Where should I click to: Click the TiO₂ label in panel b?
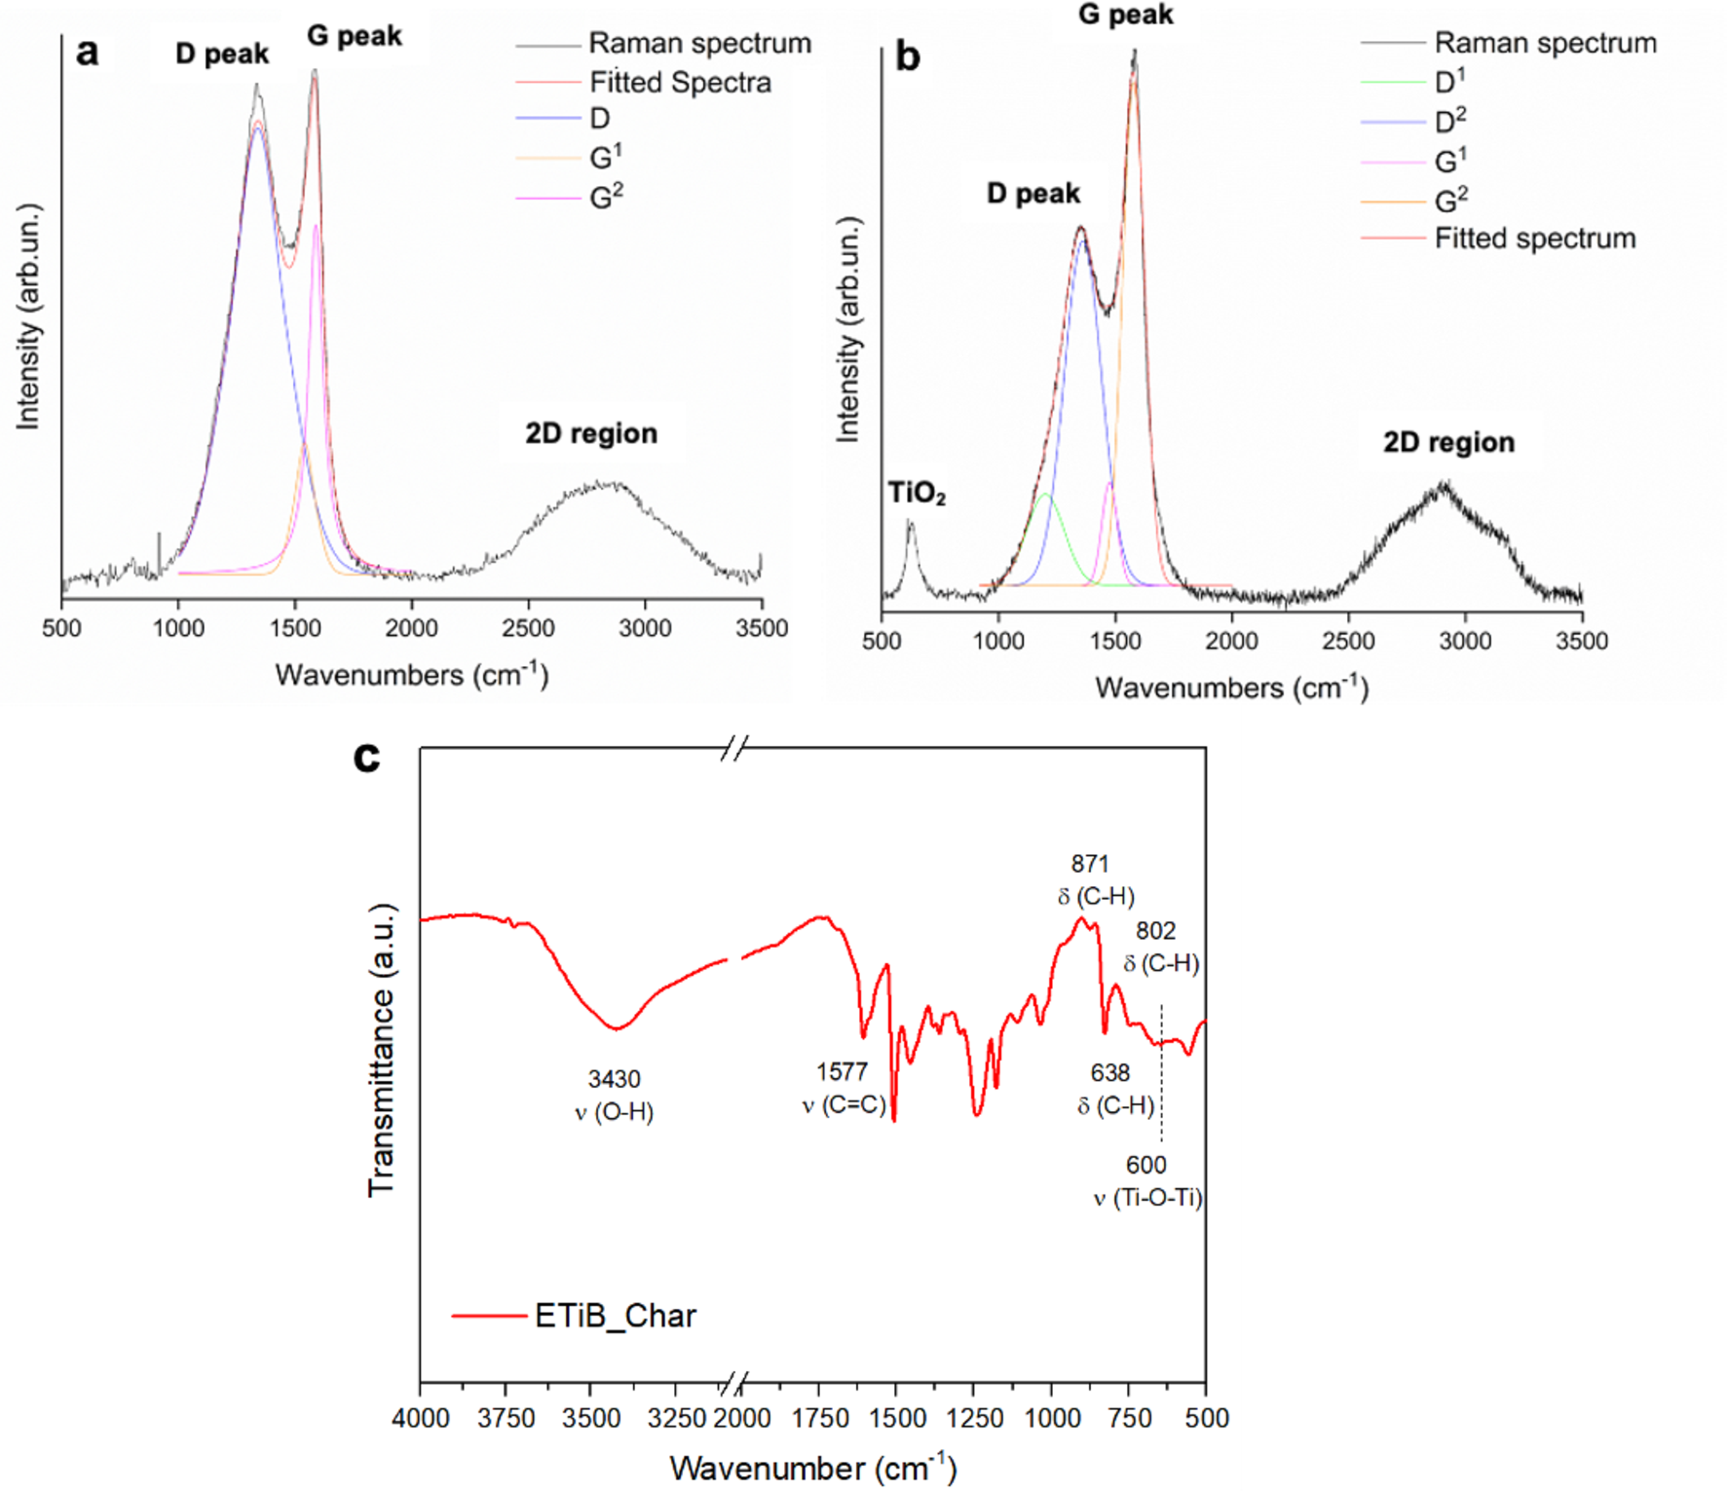tap(916, 495)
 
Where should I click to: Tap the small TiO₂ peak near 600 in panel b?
tap(911, 526)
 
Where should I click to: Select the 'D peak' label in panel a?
tap(222, 54)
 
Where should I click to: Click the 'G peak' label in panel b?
tap(1125, 15)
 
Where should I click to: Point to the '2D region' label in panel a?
tap(591, 433)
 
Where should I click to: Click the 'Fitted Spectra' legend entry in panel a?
tap(680, 83)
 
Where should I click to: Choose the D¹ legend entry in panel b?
tap(1449, 82)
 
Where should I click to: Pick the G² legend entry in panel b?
tap(1450, 201)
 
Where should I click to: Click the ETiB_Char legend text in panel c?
tap(616, 1316)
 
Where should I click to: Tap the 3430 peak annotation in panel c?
tap(615, 1079)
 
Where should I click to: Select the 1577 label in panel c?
tap(842, 1072)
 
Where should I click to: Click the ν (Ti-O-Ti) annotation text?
tap(1147, 1198)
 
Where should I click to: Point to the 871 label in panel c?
tap(1090, 864)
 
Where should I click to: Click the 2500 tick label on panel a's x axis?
tap(528, 628)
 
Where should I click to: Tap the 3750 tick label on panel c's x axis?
tap(507, 1418)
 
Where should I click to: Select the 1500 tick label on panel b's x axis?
tap(1114, 641)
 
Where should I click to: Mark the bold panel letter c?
tap(366, 757)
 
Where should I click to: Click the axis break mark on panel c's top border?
tap(735, 748)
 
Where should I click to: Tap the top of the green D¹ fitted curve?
tap(1045, 495)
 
